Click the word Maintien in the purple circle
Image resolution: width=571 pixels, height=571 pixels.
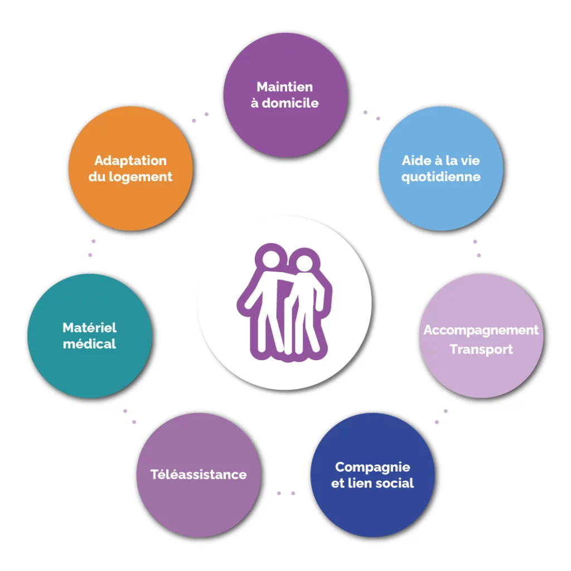[x=285, y=87]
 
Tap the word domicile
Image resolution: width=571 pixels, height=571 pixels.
[x=290, y=103]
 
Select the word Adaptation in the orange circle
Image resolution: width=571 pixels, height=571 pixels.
[x=130, y=161]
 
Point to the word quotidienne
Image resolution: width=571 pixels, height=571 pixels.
[x=441, y=177]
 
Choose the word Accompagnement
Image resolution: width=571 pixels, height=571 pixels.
[x=481, y=330]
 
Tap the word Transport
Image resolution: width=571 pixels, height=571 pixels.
[x=481, y=350]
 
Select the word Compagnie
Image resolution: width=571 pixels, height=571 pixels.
[x=372, y=468]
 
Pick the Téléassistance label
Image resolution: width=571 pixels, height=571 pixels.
[x=199, y=475]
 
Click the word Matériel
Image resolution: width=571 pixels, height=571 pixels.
[x=90, y=328]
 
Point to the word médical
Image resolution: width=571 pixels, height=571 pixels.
[x=90, y=344]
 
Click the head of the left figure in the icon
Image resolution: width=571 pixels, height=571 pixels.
[x=271, y=259]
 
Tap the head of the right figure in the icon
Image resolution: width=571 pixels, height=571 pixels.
[x=304, y=263]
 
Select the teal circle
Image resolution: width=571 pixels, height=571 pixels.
[x=90, y=336]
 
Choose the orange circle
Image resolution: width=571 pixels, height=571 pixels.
[x=130, y=168]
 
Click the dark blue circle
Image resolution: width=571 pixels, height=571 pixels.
[x=372, y=475]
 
